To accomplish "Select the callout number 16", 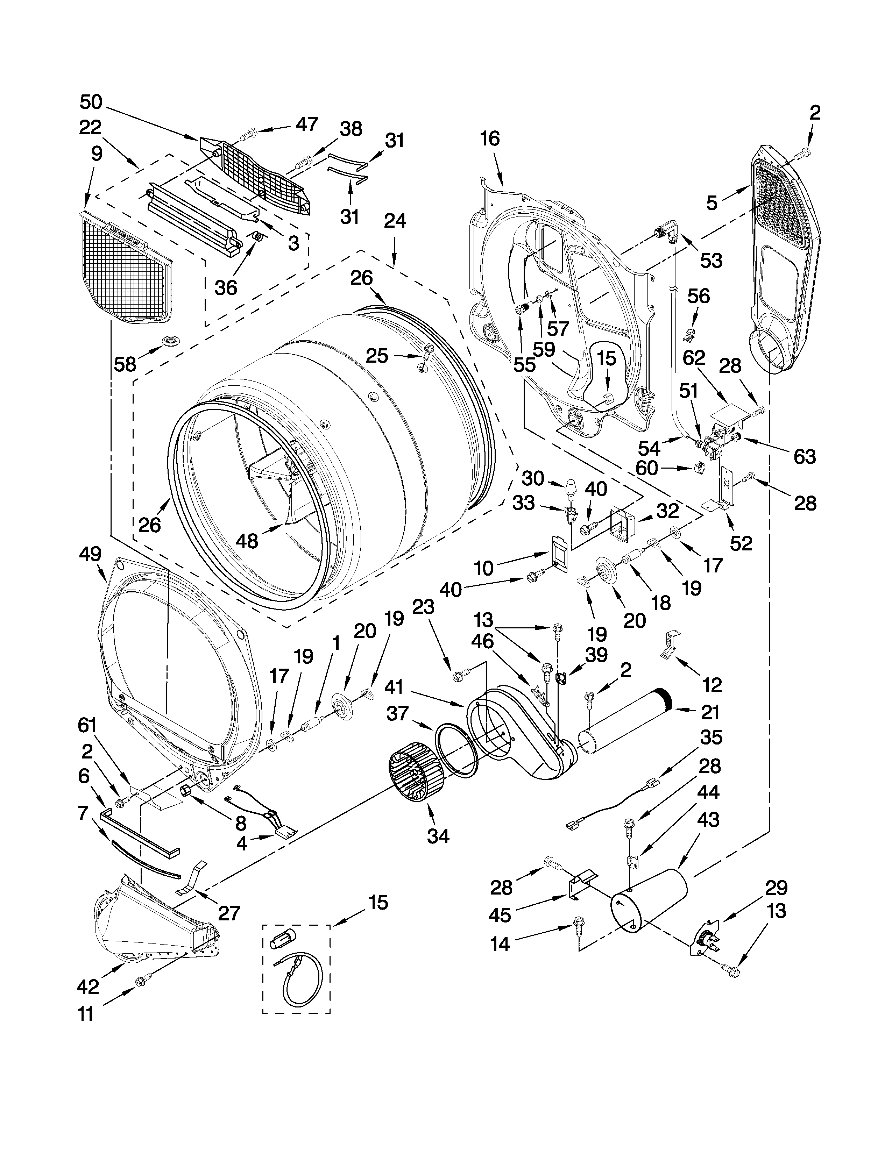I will (x=489, y=138).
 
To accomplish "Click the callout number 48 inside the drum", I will (x=247, y=541).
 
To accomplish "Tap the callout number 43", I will (x=708, y=820).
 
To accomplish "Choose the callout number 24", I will (x=395, y=220).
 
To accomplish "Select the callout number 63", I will (x=804, y=456).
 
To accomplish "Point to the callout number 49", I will (x=90, y=554).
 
